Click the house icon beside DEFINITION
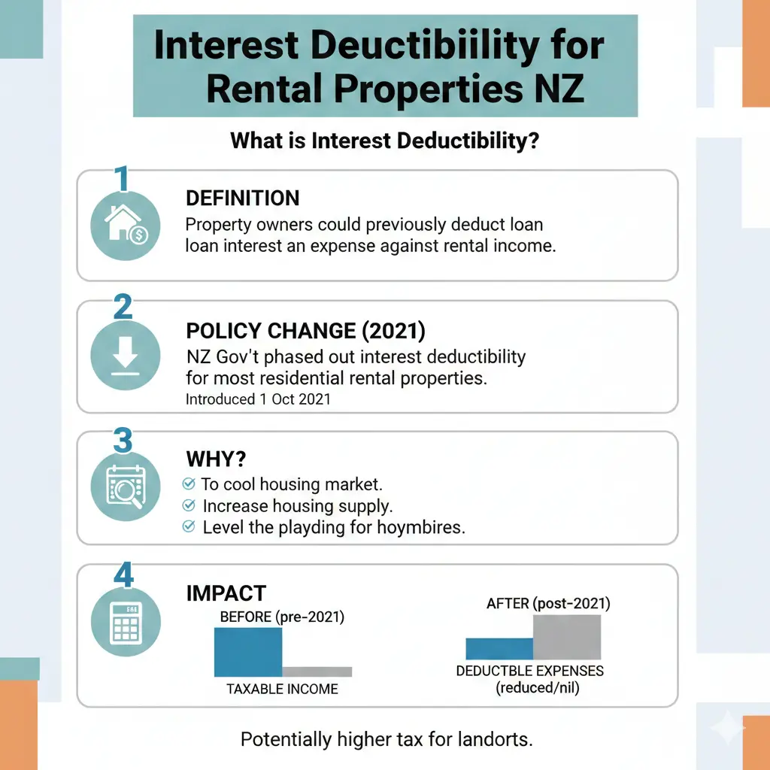(x=126, y=225)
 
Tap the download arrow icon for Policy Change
(x=126, y=356)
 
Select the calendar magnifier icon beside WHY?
(x=126, y=487)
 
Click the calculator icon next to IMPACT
(x=126, y=622)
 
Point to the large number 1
(x=122, y=178)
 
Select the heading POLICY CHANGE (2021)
(x=305, y=331)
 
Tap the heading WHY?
(x=216, y=459)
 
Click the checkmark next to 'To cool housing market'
(x=189, y=484)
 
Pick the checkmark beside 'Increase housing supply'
(x=189, y=505)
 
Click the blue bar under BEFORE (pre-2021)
(x=248, y=652)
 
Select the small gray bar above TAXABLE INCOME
(x=317, y=671)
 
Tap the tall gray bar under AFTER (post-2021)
(x=567, y=637)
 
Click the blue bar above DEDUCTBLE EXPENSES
(x=499, y=649)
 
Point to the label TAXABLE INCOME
(x=282, y=689)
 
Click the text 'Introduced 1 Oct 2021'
(x=259, y=399)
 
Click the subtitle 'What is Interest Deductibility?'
(x=384, y=141)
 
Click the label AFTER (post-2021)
(x=548, y=604)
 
